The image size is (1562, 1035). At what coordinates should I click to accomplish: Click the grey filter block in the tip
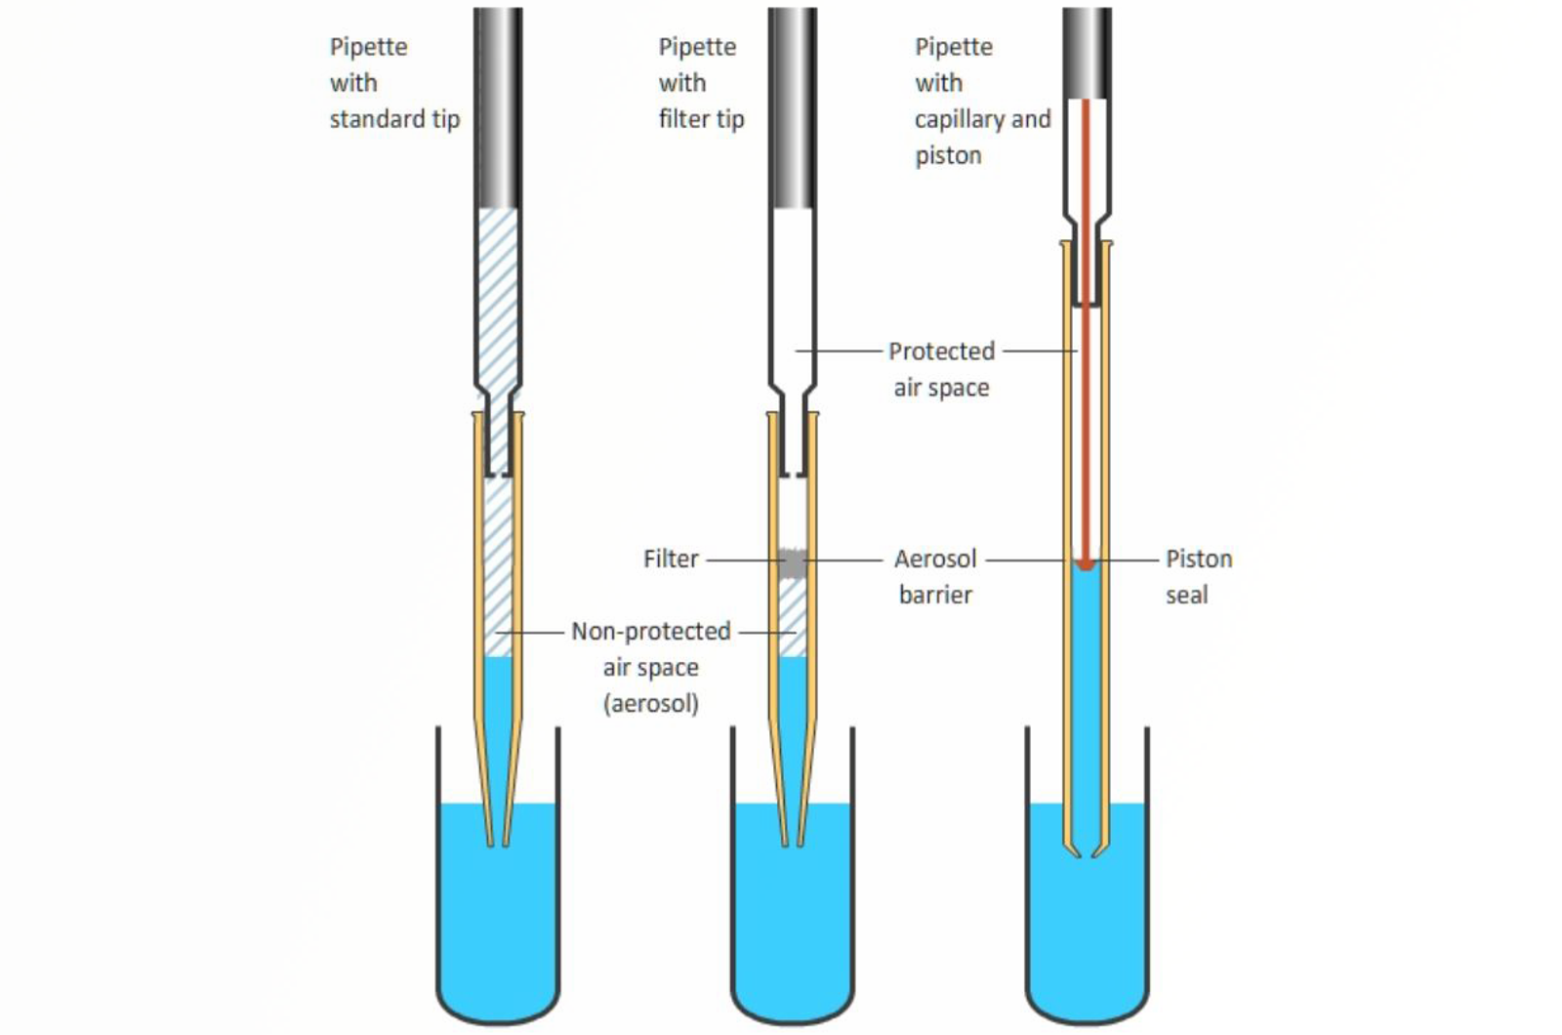[x=793, y=563]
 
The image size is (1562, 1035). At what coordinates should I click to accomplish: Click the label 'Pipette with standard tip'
[x=393, y=83]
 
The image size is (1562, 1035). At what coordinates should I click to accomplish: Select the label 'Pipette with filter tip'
[x=700, y=83]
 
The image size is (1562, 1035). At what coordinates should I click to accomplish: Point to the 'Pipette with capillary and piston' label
[x=982, y=101]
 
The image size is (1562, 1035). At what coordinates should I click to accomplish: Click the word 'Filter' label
[x=671, y=559]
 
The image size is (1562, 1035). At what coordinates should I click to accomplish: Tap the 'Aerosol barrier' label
[x=935, y=576]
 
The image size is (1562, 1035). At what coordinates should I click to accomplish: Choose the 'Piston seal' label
[x=1198, y=576]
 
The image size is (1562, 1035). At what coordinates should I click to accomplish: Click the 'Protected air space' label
[x=941, y=369]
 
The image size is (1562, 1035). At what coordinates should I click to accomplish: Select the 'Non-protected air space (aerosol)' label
[x=650, y=667]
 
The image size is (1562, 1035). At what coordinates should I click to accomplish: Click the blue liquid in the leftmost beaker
[x=498, y=928]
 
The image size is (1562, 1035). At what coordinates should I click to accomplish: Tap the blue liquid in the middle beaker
[x=793, y=928]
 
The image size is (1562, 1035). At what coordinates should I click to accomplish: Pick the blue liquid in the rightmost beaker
[x=1087, y=928]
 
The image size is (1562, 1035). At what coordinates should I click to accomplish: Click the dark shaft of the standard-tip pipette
[x=498, y=107]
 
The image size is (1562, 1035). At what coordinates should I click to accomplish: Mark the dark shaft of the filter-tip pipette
[x=793, y=107]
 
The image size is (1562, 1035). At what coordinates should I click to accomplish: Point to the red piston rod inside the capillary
[x=1085, y=391]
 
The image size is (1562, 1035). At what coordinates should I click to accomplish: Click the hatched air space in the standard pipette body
[x=498, y=293]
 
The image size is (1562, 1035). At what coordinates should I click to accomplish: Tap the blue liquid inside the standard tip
[x=498, y=703]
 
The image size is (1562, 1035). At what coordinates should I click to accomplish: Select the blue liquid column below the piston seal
[x=1086, y=683]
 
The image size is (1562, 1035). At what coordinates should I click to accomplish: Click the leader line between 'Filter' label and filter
[x=744, y=559]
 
